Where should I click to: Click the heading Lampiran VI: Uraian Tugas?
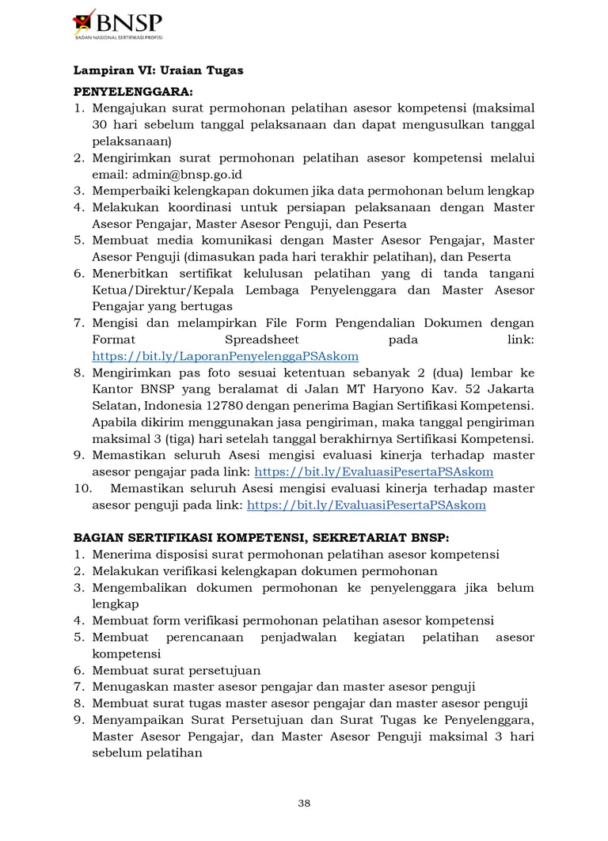[x=158, y=70]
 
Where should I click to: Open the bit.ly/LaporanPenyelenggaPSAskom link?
[x=226, y=356]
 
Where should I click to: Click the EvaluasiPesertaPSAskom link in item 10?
[x=367, y=505]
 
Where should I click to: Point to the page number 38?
[x=304, y=803]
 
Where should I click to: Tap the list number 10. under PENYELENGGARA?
[x=84, y=488]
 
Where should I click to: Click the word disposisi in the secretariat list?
[x=174, y=555]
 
